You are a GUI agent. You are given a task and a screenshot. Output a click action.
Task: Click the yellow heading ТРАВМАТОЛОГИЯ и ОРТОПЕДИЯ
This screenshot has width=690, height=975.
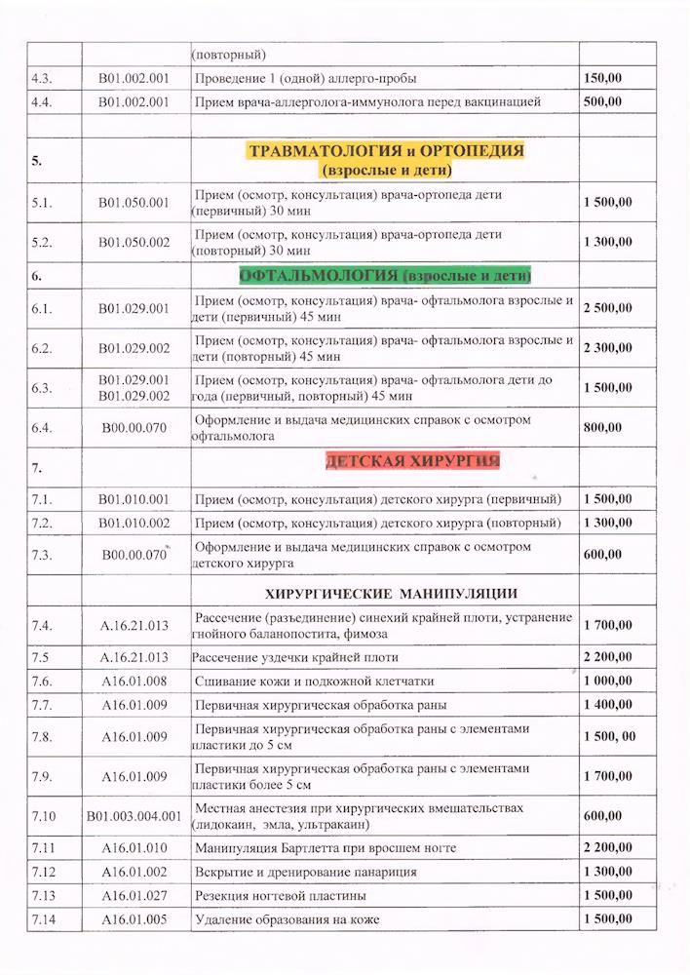click(386, 151)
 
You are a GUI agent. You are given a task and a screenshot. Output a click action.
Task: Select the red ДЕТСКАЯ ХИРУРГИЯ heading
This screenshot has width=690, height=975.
click(413, 461)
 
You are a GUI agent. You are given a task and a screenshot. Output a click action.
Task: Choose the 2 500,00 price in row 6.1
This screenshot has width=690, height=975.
click(608, 308)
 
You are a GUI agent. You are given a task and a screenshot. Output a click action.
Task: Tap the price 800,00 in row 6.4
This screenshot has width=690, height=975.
click(602, 426)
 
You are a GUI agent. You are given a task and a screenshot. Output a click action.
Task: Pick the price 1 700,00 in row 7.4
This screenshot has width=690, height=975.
click(608, 625)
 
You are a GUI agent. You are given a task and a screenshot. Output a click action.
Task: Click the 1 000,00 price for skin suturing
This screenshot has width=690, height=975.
click(608, 681)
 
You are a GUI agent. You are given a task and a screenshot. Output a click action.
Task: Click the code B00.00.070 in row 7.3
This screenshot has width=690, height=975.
click(134, 555)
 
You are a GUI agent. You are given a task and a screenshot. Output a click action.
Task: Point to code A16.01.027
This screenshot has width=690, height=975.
click(134, 895)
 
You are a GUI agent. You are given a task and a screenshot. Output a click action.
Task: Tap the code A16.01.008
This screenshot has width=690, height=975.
click(134, 681)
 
